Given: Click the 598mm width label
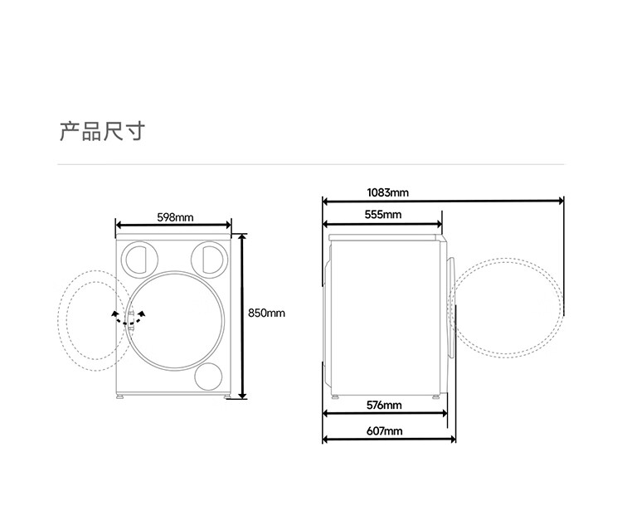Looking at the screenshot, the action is coord(175,217).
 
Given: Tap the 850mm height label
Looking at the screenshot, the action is coord(266,313).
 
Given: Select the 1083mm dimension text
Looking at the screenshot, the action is coord(387,192).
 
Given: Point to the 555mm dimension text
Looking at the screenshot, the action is coord(383,215).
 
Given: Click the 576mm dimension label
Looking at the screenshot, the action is coord(384,405).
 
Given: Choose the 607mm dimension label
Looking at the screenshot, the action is coord(384,430).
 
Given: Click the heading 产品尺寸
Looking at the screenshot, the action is coord(102,132).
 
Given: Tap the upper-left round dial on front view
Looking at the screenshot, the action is coord(139,259).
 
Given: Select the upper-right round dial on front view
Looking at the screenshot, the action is coord(210,259).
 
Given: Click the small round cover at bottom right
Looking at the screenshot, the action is coord(208,377).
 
